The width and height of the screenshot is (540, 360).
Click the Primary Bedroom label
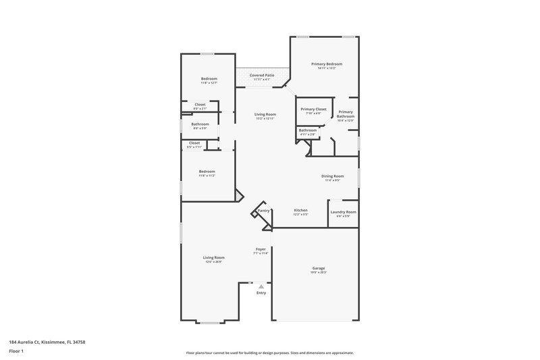coord(323,64)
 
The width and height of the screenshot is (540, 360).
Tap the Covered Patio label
coord(261,75)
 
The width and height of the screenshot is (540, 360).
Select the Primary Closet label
coord(313,109)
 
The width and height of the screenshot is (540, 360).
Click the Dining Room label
coord(332,176)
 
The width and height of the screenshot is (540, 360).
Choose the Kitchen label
coord(300,210)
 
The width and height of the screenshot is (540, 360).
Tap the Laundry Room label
coord(343,212)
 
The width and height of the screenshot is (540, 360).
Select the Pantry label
coord(263,211)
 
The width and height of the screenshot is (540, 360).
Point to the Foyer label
coord(261,249)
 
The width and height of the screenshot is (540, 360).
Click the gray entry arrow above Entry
coord(261,286)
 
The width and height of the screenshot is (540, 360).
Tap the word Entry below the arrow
coord(261,292)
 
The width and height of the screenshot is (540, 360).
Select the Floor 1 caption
coord(16,351)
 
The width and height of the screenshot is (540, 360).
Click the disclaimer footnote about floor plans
coord(269,353)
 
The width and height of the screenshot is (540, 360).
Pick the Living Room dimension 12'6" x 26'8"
coord(214,261)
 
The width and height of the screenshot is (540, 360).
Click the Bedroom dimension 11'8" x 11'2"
coord(207,176)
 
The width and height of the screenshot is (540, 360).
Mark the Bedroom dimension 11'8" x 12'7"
coord(209,83)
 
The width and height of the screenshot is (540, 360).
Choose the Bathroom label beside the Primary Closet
coord(308,130)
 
